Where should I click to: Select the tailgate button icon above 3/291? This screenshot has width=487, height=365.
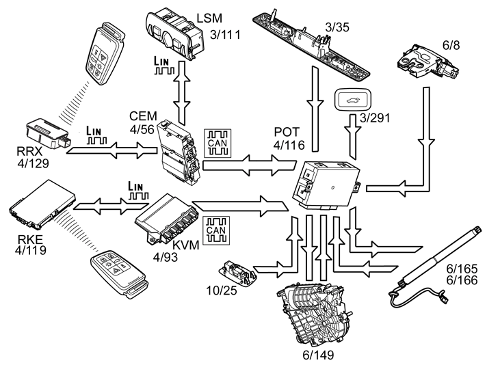[x=352, y=101]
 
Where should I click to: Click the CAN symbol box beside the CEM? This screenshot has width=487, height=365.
[x=220, y=143]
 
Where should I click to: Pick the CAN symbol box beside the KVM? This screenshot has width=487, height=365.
[x=218, y=229]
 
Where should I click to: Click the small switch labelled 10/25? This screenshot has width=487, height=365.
[x=236, y=272]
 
